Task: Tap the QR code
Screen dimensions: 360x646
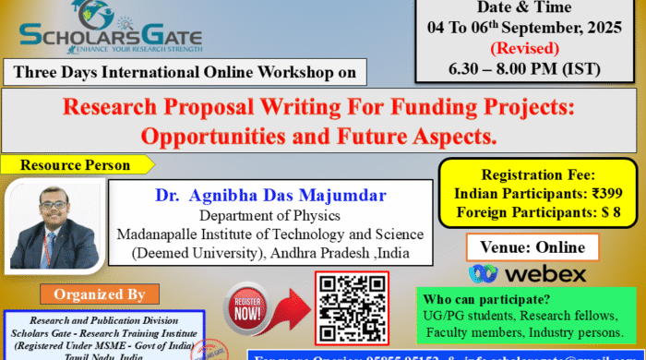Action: click(352, 308)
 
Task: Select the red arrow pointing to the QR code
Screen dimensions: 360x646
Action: click(293, 309)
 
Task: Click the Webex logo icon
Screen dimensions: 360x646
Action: click(484, 273)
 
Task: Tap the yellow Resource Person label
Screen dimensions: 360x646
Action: click(77, 165)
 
